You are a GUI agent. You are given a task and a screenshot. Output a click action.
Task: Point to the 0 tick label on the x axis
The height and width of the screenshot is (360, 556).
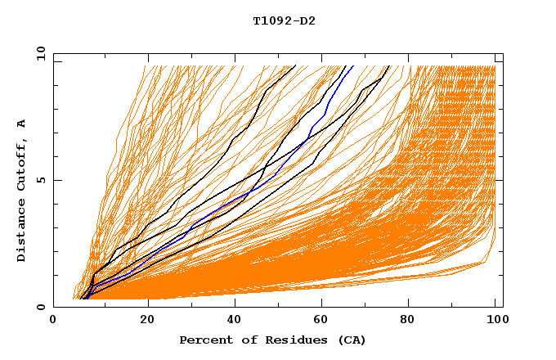pyautogui.click(x=53, y=320)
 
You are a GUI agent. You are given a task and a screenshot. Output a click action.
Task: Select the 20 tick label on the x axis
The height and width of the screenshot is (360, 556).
pyautogui.click(x=147, y=320)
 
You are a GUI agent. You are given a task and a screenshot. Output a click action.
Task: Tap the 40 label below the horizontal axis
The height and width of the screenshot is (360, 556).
pyautogui.click(x=235, y=320)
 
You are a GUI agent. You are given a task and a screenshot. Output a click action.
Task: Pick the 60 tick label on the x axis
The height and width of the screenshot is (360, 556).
pyautogui.click(x=325, y=320)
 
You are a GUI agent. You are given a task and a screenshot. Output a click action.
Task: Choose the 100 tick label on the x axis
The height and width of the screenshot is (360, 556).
pyautogui.click(x=496, y=320)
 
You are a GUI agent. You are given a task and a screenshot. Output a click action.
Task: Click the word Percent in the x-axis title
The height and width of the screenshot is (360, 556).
pyautogui.click(x=202, y=340)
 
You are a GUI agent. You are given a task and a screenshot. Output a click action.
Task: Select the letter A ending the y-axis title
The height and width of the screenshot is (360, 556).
pyautogui.click(x=22, y=124)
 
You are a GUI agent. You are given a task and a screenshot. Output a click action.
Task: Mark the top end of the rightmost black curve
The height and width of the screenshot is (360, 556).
pyautogui.click(x=388, y=66)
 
